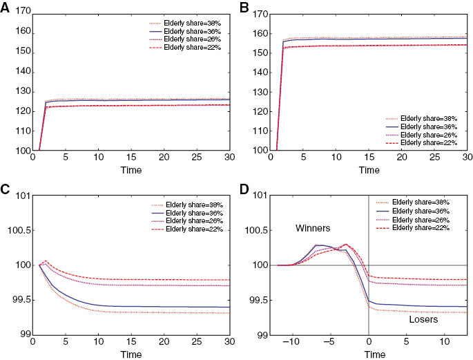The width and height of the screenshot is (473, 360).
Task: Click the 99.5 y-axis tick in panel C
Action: tap(16, 301)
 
